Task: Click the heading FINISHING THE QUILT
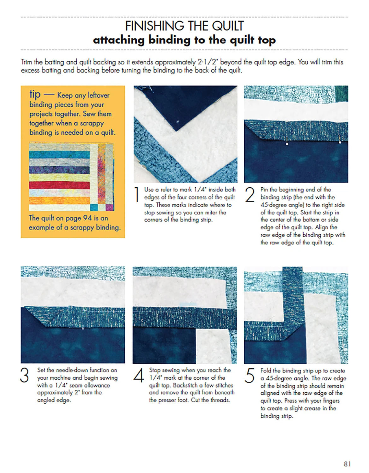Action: tap(184, 26)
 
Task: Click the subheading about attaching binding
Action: tap(184, 40)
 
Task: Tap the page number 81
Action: tap(347, 464)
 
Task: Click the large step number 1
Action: tap(137, 195)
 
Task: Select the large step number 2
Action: tap(250, 195)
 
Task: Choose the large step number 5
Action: tap(249, 376)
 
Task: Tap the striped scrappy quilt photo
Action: tap(71, 177)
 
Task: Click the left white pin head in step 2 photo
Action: tap(287, 144)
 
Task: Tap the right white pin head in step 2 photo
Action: tap(340, 142)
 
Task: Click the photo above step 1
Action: tap(185, 134)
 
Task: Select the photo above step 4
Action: tap(185, 315)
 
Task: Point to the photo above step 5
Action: tap(296, 315)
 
